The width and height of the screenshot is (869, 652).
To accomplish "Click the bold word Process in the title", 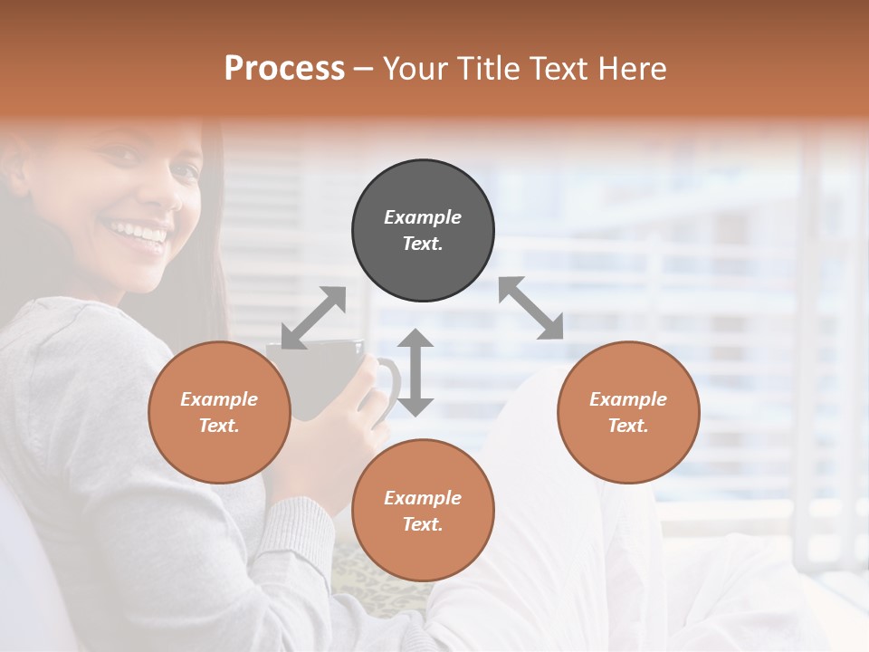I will pyautogui.click(x=284, y=69).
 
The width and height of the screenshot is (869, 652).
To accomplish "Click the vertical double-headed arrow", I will pyautogui.click(x=415, y=372).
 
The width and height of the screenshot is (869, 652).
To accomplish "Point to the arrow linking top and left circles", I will pyautogui.click(x=313, y=318).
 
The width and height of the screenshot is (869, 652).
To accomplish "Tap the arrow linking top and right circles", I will pyautogui.click(x=531, y=309).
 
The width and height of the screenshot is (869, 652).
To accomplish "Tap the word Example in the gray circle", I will pyautogui.click(x=423, y=217).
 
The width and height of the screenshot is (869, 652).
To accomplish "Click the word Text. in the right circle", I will pyautogui.click(x=628, y=426).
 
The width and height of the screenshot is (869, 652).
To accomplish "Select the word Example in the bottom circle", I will pyautogui.click(x=423, y=498).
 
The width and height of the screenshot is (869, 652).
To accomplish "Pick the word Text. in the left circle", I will pyautogui.click(x=219, y=426).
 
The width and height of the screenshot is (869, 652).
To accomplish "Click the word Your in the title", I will pyautogui.click(x=414, y=69).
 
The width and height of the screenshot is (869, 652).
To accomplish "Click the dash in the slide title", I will pyautogui.click(x=363, y=69).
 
